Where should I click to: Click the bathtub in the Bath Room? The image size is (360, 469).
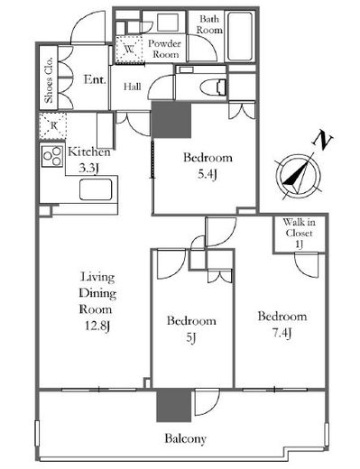[239, 36]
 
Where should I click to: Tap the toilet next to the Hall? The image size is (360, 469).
[214, 85]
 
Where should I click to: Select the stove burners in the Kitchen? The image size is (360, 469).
[52, 156]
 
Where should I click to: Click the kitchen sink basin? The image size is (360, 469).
[96, 189]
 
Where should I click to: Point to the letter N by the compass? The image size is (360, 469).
[323, 140]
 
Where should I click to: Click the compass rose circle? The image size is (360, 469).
[298, 176]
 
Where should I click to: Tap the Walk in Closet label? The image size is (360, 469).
[299, 234]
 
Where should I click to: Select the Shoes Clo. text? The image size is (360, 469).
[49, 80]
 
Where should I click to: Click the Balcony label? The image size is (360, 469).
[185, 438]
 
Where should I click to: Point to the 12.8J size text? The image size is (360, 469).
[97, 326]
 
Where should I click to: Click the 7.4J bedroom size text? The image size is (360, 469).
[282, 333]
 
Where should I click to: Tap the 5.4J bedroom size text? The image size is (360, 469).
[208, 174]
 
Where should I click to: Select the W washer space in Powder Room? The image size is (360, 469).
[130, 50]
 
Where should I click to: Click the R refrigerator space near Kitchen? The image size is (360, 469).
[53, 125]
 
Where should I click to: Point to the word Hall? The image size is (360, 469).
[133, 87]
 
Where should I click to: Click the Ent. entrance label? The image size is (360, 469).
[95, 79]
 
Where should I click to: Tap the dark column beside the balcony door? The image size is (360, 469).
[174, 405]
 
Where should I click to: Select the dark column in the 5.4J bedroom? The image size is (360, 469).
[171, 120]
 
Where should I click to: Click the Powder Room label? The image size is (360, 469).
[164, 49]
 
